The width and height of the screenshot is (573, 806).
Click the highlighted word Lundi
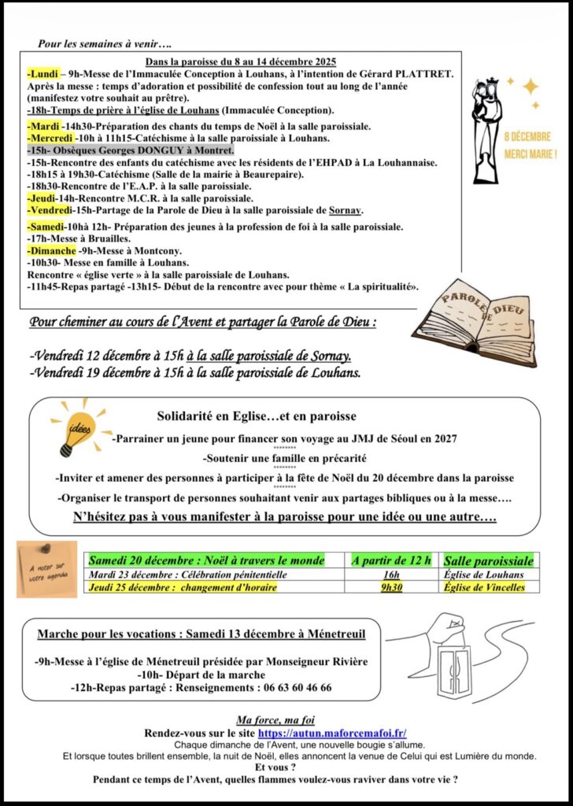point(40,74)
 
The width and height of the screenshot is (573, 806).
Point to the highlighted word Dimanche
point(52,250)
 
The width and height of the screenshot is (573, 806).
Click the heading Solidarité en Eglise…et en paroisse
point(257,416)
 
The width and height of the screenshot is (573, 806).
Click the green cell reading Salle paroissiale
point(488,560)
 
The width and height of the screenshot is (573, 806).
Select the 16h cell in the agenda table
point(391,575)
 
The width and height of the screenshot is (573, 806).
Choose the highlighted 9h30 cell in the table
point(391,587)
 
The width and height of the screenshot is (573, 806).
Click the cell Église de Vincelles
point(484,587)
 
